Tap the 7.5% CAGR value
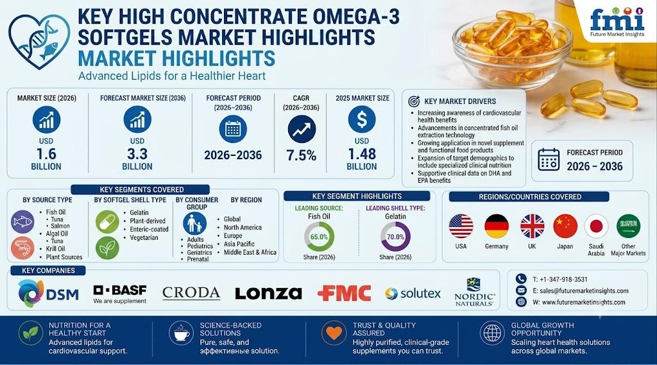pyautogui.click(x=302, y=156)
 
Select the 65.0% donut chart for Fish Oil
pyautogui.click(x=319, y=237)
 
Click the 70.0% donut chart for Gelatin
pyautogui.click(x=395, y=237)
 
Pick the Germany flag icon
pyautogui.click(x=497, y=226)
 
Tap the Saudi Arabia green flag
pyautogui.click(x=628, y=226)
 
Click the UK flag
pyautogui.click(x=532, y=226)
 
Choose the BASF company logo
pyautogui.click(x=120, y=294)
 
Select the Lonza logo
pyautogui.click(x=268, y=293)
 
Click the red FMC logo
pyautogui.click(x=345, y=293)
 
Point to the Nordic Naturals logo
pyautogui.click(x=474, y=292)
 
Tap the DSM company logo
pyautogui.click(x=48, y=293)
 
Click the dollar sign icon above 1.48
pyautogui.click(x=362, y=119)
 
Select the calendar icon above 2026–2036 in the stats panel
pyautogui.click(x=233, y=129)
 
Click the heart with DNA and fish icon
pyautogui.click(x=39, y=40)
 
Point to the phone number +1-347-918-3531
pyautogui.click(x=559, y=280)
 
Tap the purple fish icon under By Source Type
pyautogui.click(x=22, y=222)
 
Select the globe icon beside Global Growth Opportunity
pyautogui.click(x=492, y=334)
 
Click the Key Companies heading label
pyautogui.click(x=49, y=271)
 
